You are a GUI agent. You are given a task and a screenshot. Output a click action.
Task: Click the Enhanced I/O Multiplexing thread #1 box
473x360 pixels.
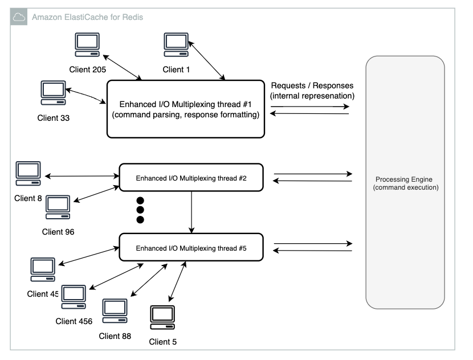point(186,109)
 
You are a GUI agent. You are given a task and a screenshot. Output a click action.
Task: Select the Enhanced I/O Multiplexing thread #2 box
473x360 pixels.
point(191,178)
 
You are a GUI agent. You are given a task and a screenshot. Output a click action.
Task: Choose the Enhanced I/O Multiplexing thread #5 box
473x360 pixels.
point(191,248)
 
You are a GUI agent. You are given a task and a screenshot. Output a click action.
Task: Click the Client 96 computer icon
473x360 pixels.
point(58,207)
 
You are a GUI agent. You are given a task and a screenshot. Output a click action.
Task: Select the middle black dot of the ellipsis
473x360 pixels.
point(140,210)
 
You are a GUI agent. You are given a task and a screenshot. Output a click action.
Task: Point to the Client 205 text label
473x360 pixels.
point(88,69)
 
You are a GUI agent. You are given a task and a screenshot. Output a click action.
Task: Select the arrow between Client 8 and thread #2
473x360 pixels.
point(80,176)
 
